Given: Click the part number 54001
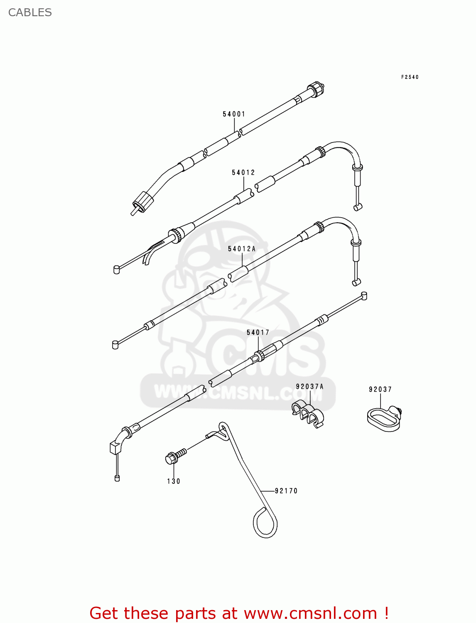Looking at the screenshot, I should pyautogui.click(x=234, y=114).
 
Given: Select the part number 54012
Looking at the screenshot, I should pyautogui.click(x=243, y=172).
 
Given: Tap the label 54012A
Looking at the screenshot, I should pyautogui.click(x=242, y=249).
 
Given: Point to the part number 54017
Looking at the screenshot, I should pyautogui.click(x=258, y=332).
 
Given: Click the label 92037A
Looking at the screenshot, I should pyautogui.click(x=309, y=387).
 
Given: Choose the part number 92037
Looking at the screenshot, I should pyautogui.click(x=380, y=389).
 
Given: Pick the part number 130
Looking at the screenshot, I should pyautogui.click(x=174, y=481).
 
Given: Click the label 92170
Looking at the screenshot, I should pyautogui.click(x=286, y=491).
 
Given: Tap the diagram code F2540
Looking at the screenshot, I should pyautogui.click(x=410, y=77).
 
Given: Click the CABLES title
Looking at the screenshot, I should pyautogui.click(x=30, y=12).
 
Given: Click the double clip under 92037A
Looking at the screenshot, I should pyautogui.click(x=308, y=413).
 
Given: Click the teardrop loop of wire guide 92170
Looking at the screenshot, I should pyautogui.click(x=265, y=524).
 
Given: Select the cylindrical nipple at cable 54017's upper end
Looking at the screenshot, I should pyautogui.click(x=364, y=296).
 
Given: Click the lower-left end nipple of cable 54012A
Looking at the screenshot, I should pyautogui.click(x=115, y=344).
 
